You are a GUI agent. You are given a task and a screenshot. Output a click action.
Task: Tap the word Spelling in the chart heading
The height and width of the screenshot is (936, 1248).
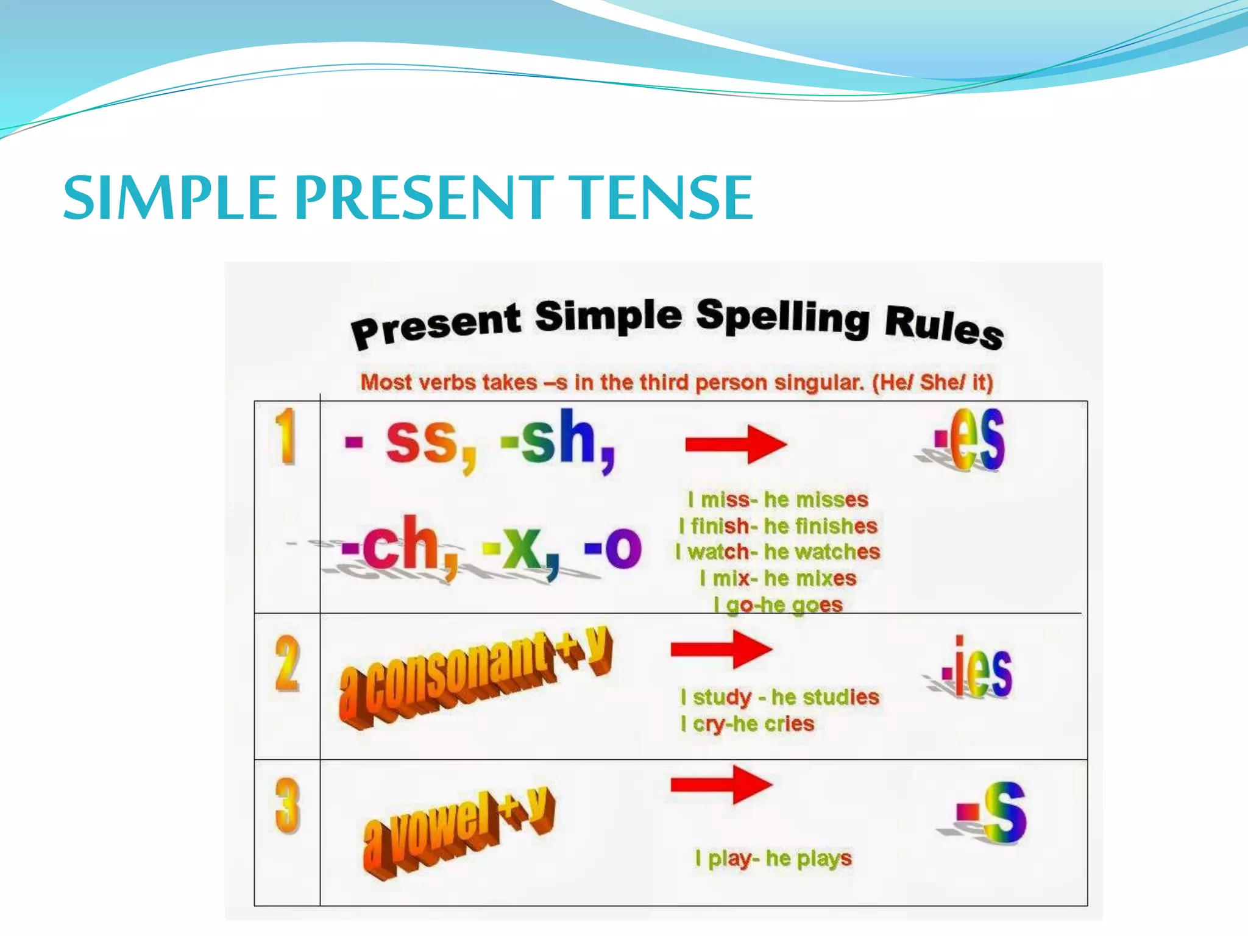click(783, 317)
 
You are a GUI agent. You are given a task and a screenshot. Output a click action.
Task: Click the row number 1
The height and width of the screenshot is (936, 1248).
click(285, 436)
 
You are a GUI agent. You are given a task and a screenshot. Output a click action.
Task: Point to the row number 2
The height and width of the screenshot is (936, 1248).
click(287, 664)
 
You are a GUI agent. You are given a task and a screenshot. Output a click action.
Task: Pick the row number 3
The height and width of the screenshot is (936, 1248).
click(287, 806)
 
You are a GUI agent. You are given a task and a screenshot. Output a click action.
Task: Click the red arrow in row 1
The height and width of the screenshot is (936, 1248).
click(736, 444)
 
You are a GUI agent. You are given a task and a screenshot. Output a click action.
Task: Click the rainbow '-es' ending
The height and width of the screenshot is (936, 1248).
click(970, 440)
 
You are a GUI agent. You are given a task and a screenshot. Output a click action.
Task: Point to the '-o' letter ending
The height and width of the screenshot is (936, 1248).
click(612, 547)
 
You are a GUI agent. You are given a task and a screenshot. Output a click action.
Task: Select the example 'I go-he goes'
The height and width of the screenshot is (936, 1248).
click(778, 605)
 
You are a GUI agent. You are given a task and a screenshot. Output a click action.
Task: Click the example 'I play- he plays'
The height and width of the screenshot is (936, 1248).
click(773, 859)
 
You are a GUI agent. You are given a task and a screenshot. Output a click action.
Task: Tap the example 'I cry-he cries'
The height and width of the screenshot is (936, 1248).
click(748, 724)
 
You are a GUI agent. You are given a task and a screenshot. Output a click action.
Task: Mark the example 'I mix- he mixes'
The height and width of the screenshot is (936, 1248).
click(778, 578)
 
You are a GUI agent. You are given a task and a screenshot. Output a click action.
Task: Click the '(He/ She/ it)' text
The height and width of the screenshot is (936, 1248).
click(932, 383)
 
